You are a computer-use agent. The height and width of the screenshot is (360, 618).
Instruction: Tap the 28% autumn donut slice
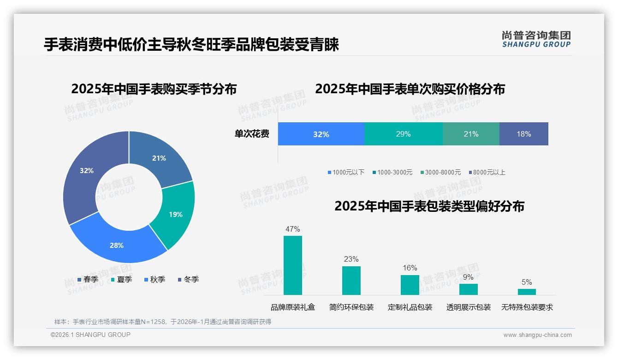pyautogui.click(x=116, y=245)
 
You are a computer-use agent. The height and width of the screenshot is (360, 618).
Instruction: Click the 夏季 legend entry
pyautogui.click(x=121, y=279)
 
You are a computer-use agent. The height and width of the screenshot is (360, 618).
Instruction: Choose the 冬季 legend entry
pyautogui.click(x=188, y=279)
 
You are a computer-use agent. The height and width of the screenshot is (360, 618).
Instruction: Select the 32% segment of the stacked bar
pyautogui.click(x=321, y=134)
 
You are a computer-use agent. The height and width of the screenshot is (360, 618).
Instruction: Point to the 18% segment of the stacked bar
pyautogui.click(x=523, y=134)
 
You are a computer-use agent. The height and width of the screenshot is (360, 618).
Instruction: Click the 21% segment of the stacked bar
pyautogui.click(x=471, y=134)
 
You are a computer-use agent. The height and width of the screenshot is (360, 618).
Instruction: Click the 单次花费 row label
pyautogui.click(x=252, y=134)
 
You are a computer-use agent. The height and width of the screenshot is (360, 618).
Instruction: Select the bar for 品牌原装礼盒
pyautogui.click(x=292, y=265)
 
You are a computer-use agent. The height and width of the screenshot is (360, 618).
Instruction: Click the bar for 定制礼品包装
pyautogui.click(x=410, y=285)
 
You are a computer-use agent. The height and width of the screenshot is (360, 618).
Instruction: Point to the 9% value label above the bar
pyautogui.click(x=468, y=277)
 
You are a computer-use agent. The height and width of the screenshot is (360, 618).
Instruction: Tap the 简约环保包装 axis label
pyautogui.click(x=351, y=307)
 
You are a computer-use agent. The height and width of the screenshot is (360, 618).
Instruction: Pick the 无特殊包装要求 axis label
pyautogui.click(x=527, y=307)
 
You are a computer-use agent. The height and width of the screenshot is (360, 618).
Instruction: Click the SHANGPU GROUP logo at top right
pyautogui.click(x=536, y=39)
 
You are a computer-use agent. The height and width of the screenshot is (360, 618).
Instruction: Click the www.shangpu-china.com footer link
pyautogui.click(x=537, y=335)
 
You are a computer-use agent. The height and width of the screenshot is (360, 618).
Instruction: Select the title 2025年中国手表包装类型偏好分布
pyautogui.click(x=429, y=206)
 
